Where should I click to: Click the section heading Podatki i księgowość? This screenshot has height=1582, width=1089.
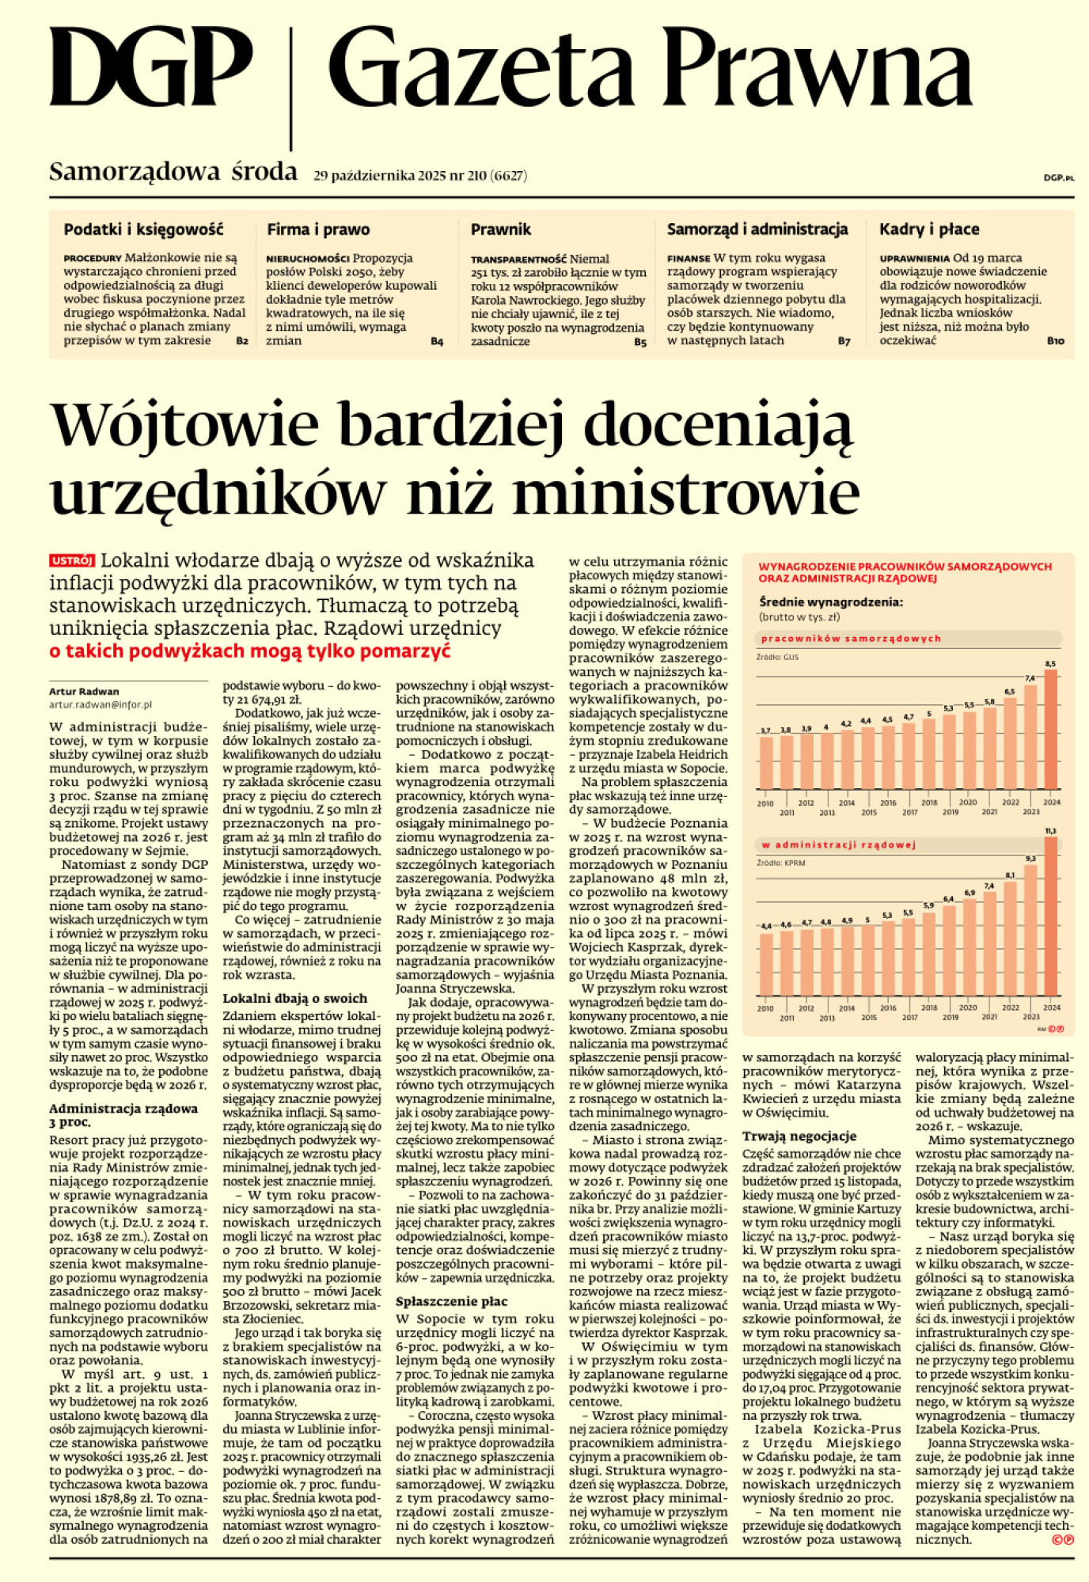click(x=143, y=230)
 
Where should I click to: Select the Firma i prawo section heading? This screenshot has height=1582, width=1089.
click(x=318, y=230)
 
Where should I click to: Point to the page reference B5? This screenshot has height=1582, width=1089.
click(x=640, y=342)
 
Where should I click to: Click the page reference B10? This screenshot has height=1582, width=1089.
click(x=1055, y=341)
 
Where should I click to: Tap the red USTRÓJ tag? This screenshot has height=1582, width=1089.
click(x=72, y=560)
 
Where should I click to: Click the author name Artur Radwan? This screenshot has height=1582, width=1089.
click(x=84, y=691)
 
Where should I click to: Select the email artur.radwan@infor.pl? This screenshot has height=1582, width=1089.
click(x=101, y=704)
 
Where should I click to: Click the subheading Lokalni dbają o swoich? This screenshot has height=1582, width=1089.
click(x=294, y=999)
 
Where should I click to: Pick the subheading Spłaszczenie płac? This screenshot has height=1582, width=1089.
click(x=452, y=1301)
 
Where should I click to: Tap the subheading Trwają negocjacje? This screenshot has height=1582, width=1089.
click(x=799, y=1136)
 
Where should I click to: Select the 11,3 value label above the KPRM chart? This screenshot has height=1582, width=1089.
click(x=1051, y=831)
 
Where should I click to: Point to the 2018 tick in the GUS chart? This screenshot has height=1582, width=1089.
click(x=929, y=802)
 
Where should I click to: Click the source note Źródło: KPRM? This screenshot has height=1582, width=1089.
click(x=780, y=863)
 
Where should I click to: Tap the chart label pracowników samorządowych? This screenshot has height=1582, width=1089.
click(x=851, y=639)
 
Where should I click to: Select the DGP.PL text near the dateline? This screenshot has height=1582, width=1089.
click(x=1058, y=179)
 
